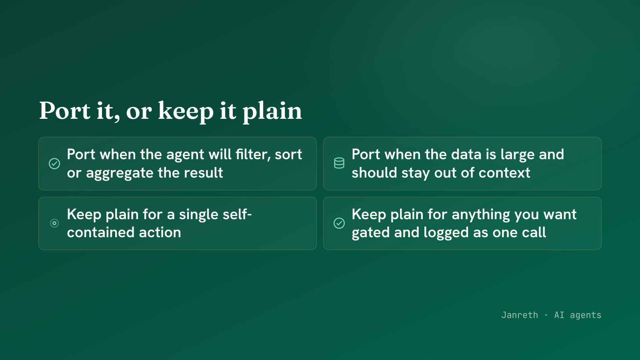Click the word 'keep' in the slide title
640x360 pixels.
click(x=186, y=111)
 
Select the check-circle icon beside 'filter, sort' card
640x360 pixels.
click(x=54, y=164)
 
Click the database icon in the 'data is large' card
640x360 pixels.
click(x=339, y=163)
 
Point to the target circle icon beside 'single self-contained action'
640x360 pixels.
click(x=54, y=223)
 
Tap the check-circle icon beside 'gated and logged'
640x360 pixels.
click(x=339, y=223)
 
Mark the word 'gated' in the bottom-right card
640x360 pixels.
click(x=370, y=233)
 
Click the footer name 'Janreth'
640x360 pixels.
click(x=520, y=315)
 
